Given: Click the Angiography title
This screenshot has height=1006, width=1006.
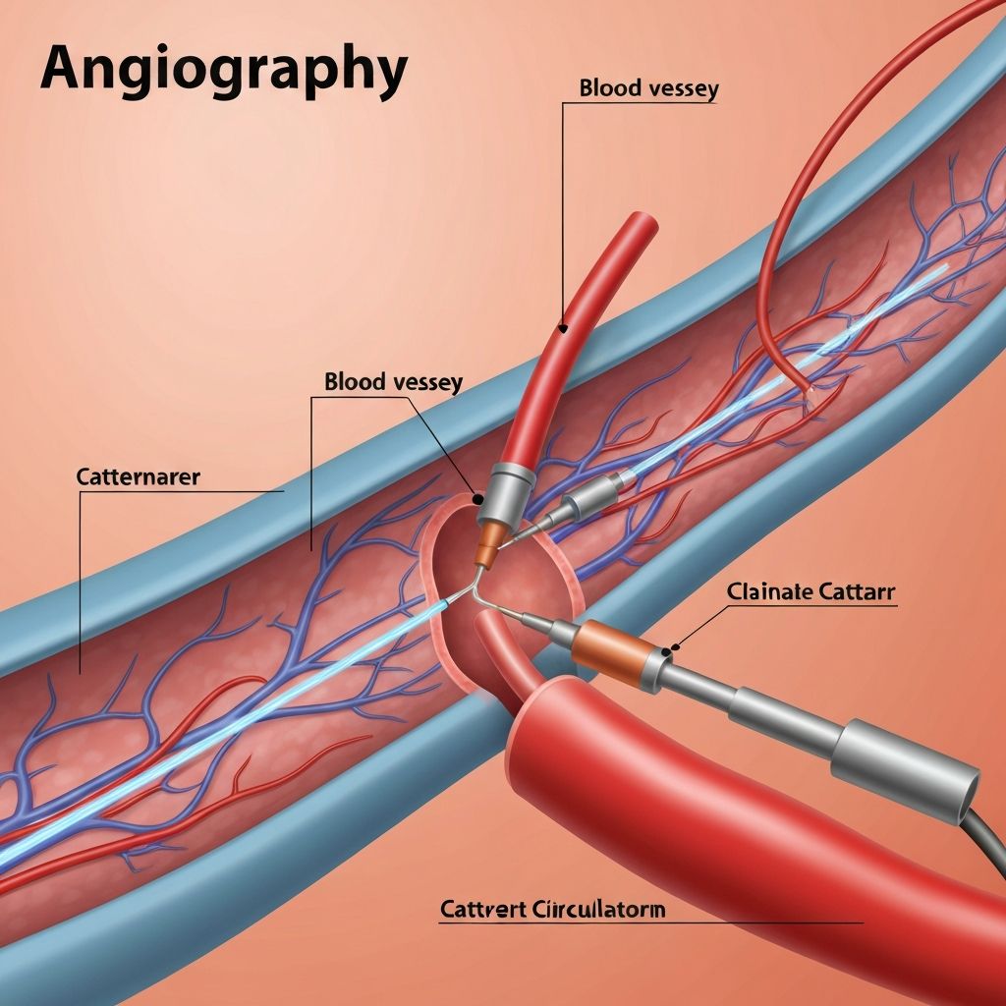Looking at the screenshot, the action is (224, 71).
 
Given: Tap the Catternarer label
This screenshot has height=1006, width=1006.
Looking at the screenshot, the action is (138, 476).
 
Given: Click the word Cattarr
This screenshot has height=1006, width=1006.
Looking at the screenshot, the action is (856, 591).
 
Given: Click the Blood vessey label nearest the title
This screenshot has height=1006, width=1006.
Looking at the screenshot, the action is (648, 88).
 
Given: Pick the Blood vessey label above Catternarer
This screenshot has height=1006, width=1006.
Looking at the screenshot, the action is (393, 382).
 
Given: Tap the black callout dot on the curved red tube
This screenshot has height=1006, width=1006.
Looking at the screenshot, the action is (563, 329).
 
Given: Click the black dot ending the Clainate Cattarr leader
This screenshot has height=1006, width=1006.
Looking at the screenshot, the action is (667, 651).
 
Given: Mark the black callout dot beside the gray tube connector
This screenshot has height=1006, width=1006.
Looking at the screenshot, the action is (477, 498).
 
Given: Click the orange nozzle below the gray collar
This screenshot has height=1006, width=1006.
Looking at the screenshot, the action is (487, 546).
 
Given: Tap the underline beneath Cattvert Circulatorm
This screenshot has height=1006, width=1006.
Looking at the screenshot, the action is (651, 923).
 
